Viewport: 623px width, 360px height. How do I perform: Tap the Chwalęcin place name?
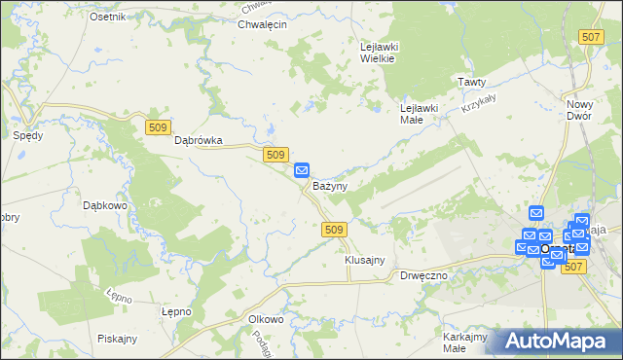pos(262,25)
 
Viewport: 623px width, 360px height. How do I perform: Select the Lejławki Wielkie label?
pos(377,52)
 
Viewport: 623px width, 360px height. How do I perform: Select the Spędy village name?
pos(27,136)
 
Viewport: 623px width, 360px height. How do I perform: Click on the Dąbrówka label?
pos(199,141)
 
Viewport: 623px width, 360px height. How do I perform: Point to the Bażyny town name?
pos(331,185)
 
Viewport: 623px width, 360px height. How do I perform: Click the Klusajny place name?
pos(365,260)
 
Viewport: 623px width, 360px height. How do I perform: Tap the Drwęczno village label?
pos(423,275)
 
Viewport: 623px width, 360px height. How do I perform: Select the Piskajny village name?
pos(117,339)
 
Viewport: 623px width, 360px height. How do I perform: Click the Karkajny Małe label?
pos(464,342)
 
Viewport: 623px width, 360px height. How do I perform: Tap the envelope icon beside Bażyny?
pos(302,169)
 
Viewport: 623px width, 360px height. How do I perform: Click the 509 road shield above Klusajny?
pos(333,229)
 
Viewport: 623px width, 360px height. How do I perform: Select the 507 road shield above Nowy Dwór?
pos(590,37)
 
